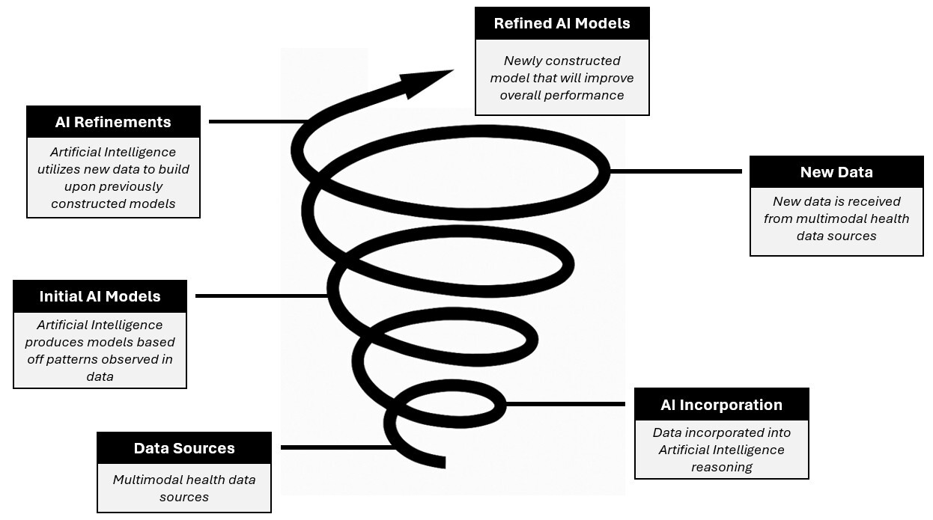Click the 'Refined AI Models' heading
coord(562,23)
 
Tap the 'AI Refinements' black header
coord(113,122)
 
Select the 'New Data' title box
coord(836,172)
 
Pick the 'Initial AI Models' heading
coord(100,296)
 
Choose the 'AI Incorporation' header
coord(721,405)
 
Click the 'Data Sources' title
coord(184,448)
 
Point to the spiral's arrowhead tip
coord(452,71)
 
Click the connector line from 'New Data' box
coord(674,171)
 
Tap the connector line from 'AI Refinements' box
coord(255,121)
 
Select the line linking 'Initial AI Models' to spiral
coord(258,296)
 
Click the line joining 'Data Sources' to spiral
coord(333,447)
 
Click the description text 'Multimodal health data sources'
coord(184,488)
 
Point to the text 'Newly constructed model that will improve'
coord(562,69)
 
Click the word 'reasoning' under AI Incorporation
coord(721,467)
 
